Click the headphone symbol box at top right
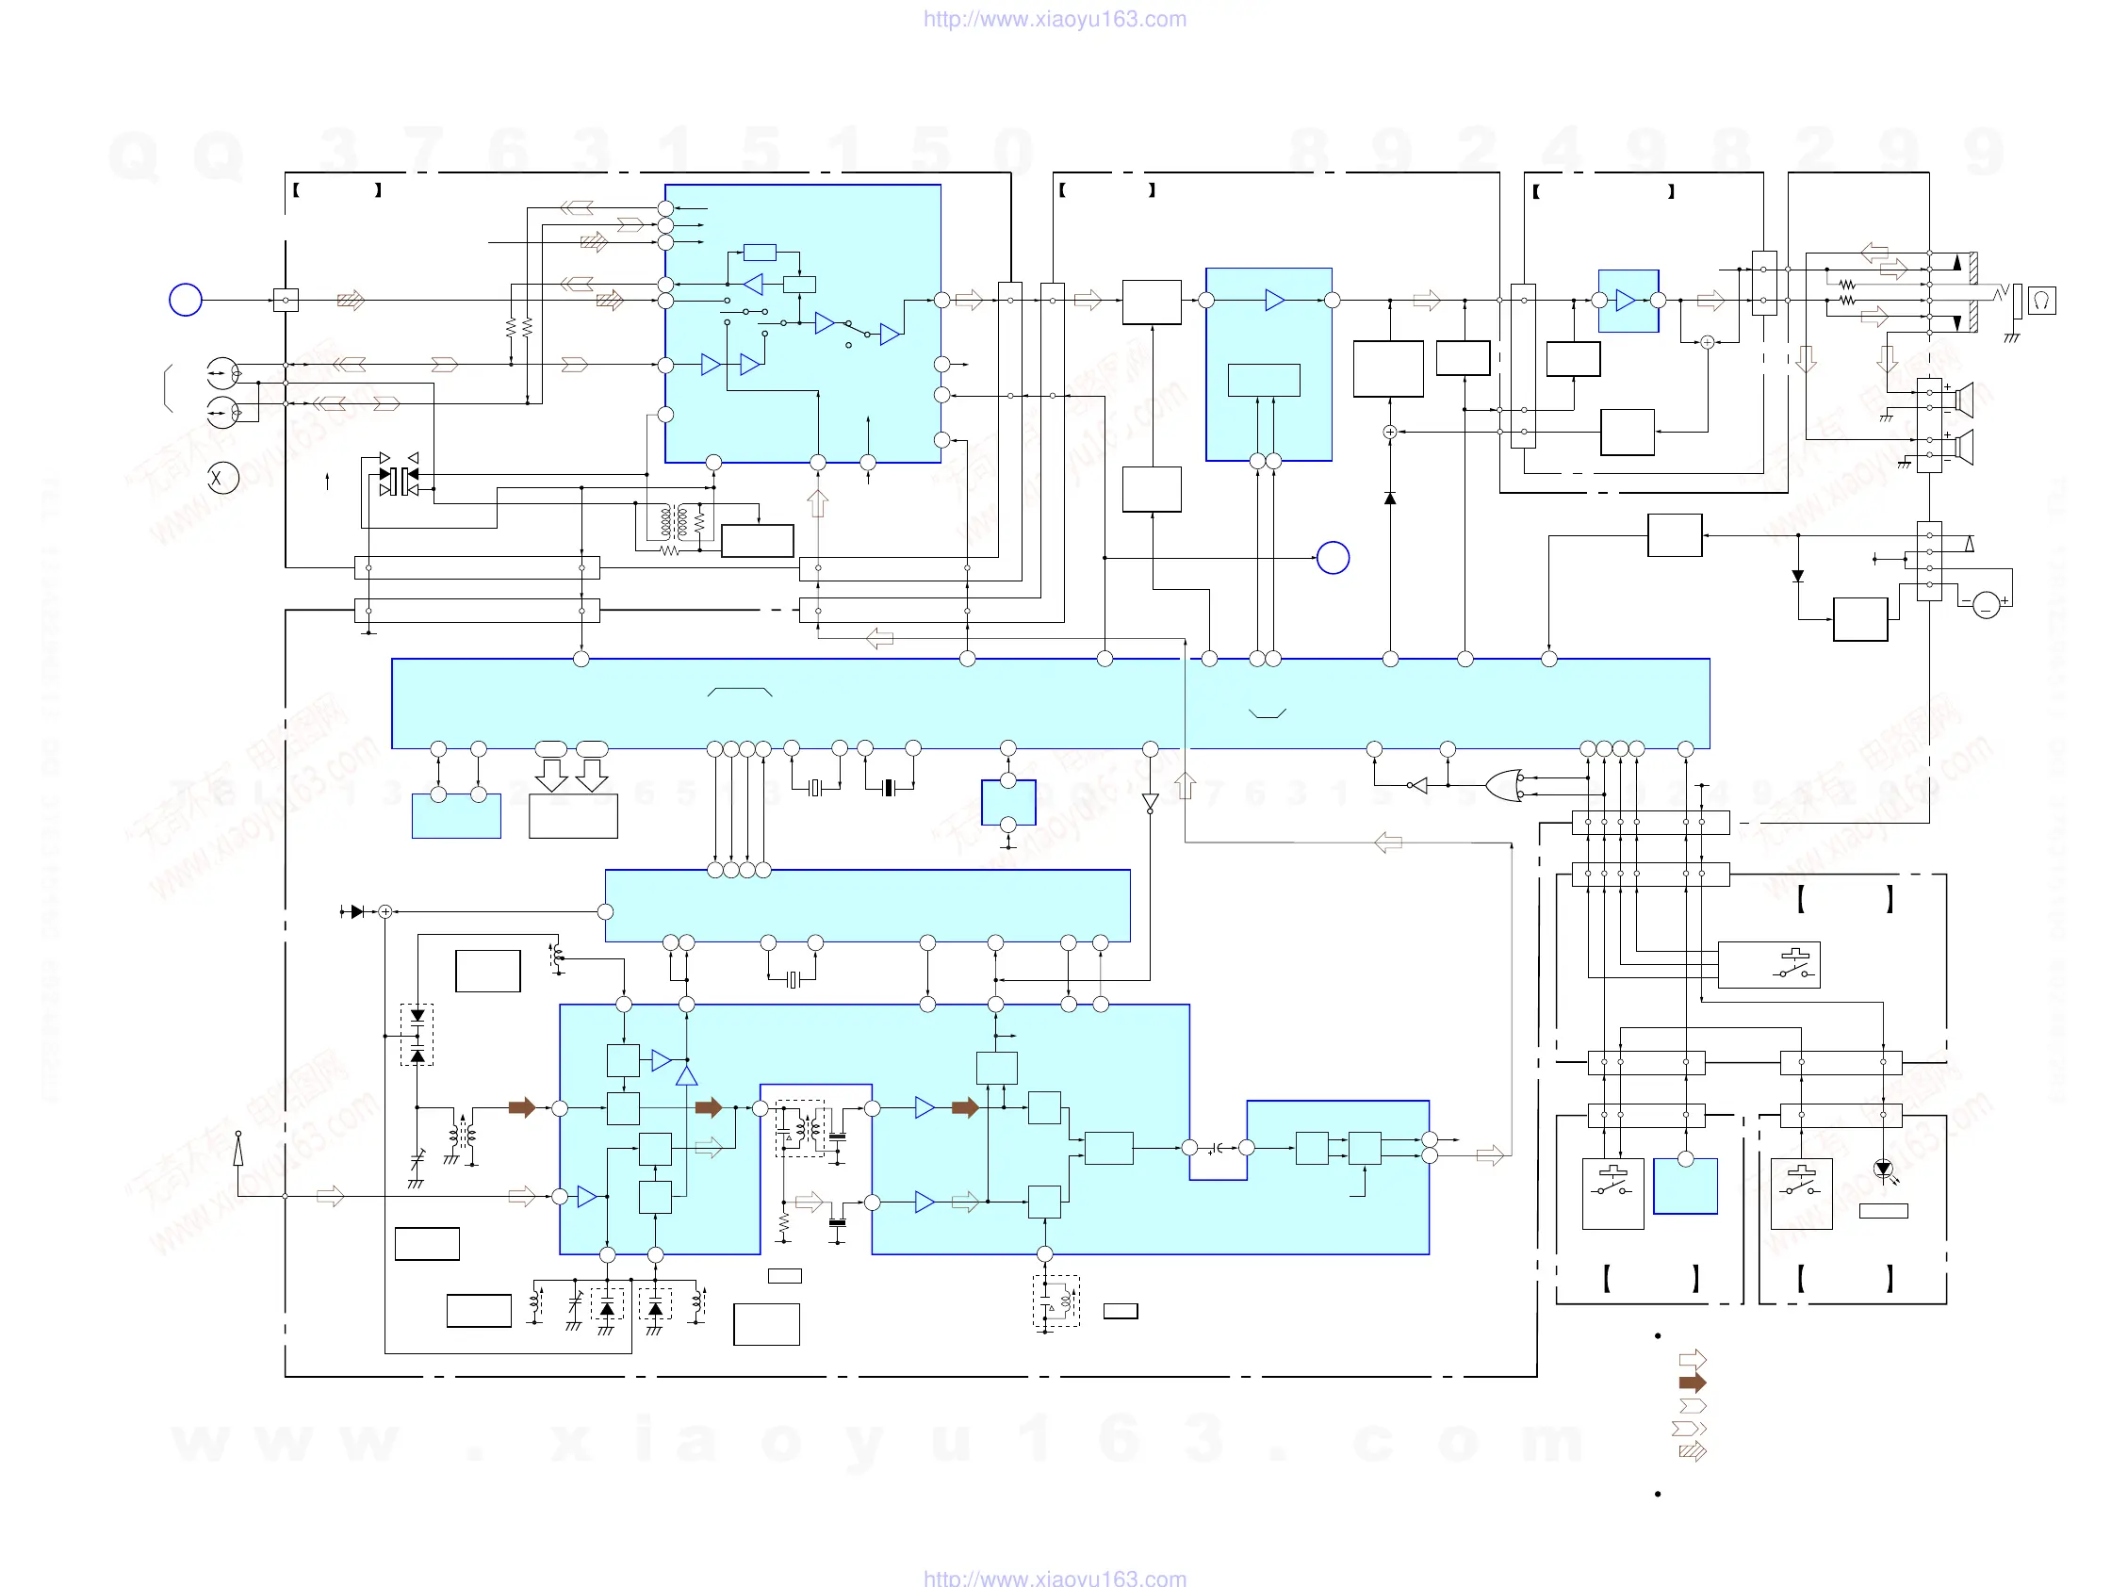click(x=2041, y=301)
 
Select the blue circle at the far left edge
click(x=185, y=300)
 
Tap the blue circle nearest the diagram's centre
click(x=1333, y=557)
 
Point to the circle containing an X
click(x=222, y=477)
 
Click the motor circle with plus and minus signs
click(x=1986, y=605)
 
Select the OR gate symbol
click(x=1504, y=784)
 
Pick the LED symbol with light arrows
click(x=1883, y=1170)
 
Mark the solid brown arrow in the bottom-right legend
click(x=1692, y=1382)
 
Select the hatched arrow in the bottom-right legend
click(x=1692, y=1451)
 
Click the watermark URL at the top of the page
click(x=1055, y=19)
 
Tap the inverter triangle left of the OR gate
click(x=1418, y=785)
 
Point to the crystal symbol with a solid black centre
click(x=889, y=787)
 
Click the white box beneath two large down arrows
click(x=573, y=816)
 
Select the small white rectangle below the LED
click(x=1883, y=1210)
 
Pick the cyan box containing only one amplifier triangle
click(x=1628, y=301)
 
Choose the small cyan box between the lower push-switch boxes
click(x=1684, y=1186)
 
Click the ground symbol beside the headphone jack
click(x=2011, y=336)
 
